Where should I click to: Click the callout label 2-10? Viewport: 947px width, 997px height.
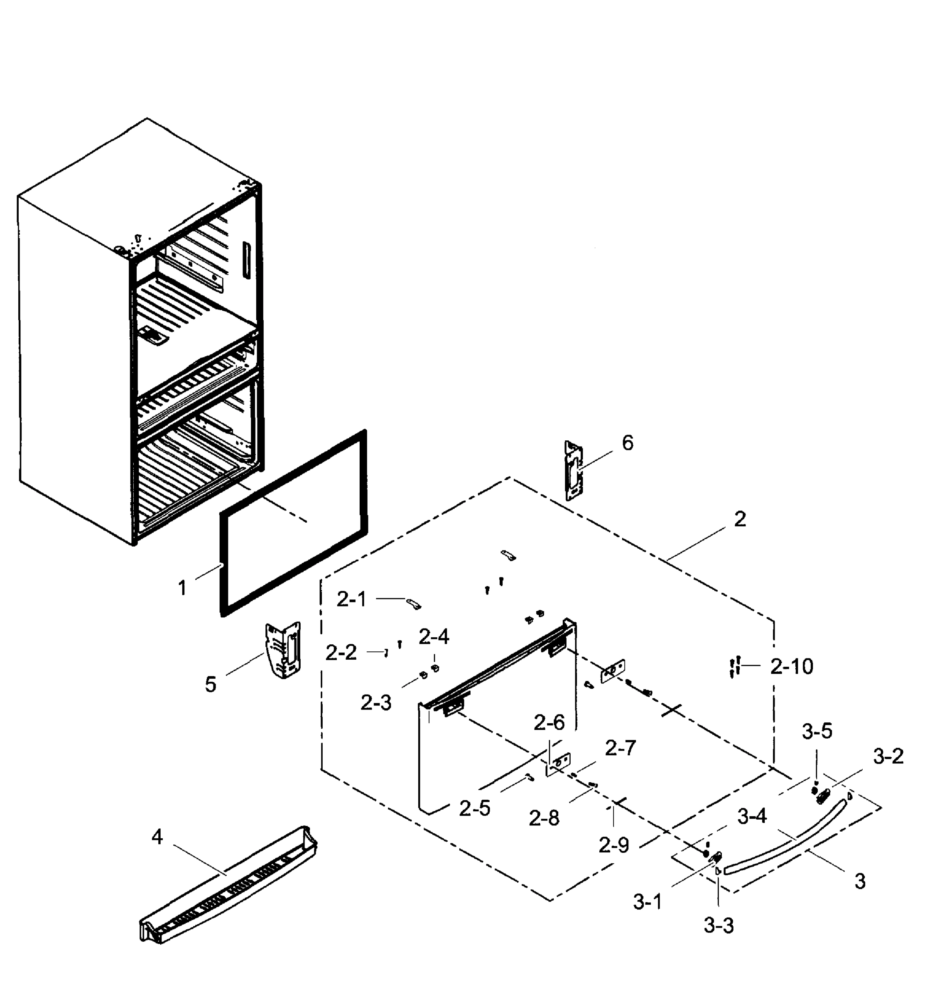pos(792,667)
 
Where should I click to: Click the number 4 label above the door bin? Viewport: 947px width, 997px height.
pos(157,837)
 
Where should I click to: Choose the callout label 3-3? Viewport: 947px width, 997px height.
pos(718,925)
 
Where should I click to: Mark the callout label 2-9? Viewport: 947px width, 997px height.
pos(613,845)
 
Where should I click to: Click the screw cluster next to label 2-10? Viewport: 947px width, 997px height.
pos(734,667)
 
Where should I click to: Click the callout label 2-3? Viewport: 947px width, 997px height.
pos(375,702)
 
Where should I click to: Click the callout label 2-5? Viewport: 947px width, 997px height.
pos(474,808)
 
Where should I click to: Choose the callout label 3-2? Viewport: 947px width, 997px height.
pos(888,756)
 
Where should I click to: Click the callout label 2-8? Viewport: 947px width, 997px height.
pos(544,818)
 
